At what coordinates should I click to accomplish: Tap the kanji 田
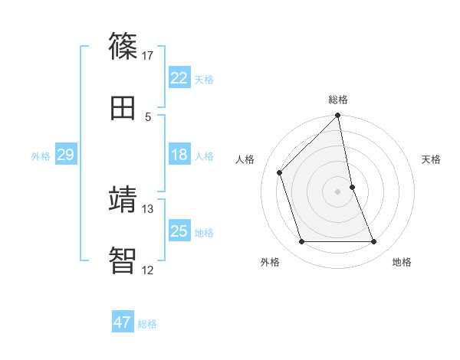[123, 108]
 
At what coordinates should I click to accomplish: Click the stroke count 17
[148, 55]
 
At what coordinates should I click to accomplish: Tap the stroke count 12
[148, 270]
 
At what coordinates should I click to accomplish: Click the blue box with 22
[179, 78]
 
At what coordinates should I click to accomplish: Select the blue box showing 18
[179, 155]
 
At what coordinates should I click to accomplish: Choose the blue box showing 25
[179, 231]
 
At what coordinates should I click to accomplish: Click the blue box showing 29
[65, 155]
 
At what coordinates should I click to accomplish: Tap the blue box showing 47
[123, 322]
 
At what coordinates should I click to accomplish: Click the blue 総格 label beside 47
[147, 324]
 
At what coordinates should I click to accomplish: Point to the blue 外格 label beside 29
[41, 156]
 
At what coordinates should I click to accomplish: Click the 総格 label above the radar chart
[338, 100]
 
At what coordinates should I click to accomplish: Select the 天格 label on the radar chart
[432, 159]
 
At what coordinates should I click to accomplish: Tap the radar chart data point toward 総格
[338, 116]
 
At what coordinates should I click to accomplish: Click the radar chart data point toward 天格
[352, 187]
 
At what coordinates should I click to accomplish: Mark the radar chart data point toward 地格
[374, 242]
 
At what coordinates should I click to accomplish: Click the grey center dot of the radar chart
[338, 191]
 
